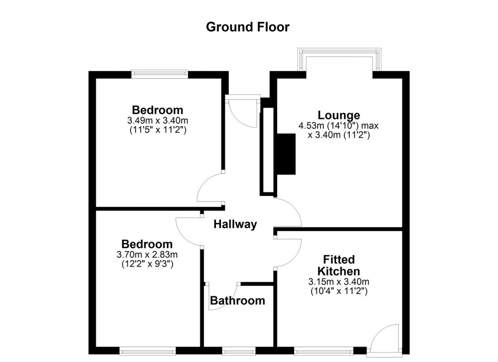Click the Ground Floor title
248,27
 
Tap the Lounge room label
339,115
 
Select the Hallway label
235,224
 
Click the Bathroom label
238,301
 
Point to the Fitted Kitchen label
339,265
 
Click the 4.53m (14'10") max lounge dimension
338,126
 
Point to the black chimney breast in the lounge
286,154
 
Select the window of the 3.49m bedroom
160,74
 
